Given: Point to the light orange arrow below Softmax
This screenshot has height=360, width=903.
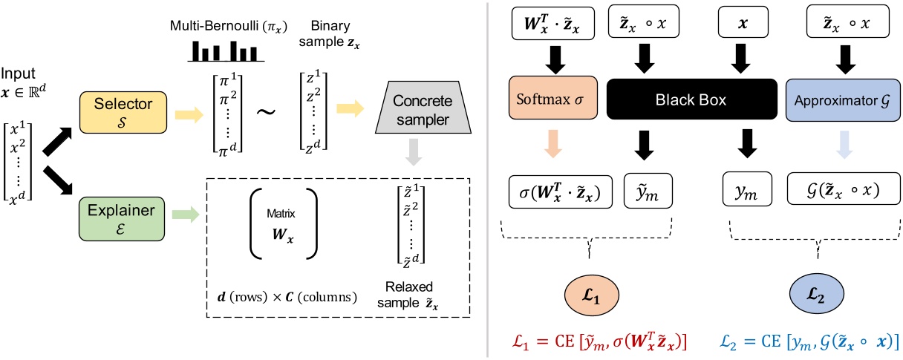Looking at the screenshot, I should coord(551,148).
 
